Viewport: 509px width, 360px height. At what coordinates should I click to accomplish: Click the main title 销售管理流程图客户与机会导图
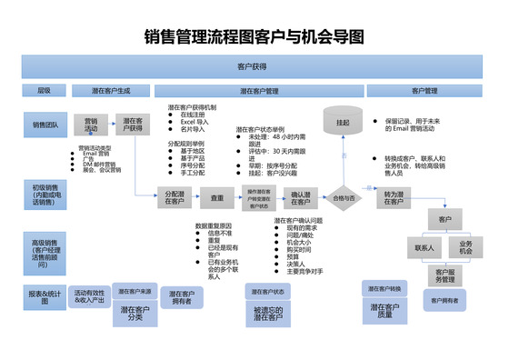[x=254, y=37]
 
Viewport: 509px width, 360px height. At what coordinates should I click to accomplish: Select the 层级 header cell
[x=44, y=91]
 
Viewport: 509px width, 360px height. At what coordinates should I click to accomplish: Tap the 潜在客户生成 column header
[x=112, y=91]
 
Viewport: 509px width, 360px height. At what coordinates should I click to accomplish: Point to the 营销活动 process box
[x=91, y=125]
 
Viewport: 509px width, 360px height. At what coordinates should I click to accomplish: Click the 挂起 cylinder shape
[x=343, y=121]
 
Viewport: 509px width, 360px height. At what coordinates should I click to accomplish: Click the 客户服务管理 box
[x=444, y=275]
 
